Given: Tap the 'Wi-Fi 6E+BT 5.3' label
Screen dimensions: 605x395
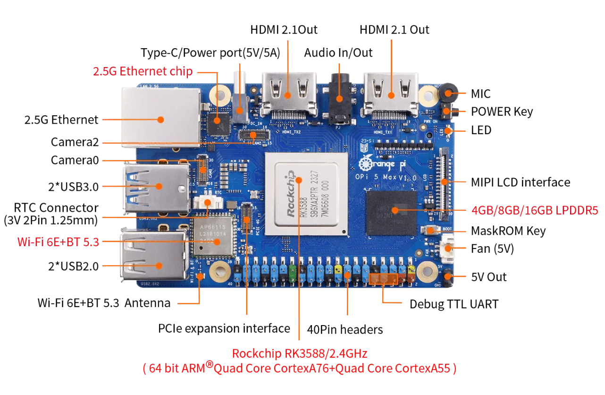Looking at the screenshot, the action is click(58, 242).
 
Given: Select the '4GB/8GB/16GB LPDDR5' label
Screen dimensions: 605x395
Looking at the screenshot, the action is click(535, 210).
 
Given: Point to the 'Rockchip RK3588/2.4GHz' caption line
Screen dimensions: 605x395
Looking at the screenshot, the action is click(299, 353).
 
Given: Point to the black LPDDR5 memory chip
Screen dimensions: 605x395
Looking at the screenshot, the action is click(392, 213).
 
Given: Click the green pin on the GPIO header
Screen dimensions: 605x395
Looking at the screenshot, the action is click(292, 271).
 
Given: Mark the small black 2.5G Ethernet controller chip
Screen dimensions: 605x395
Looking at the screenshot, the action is click(217, 121).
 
